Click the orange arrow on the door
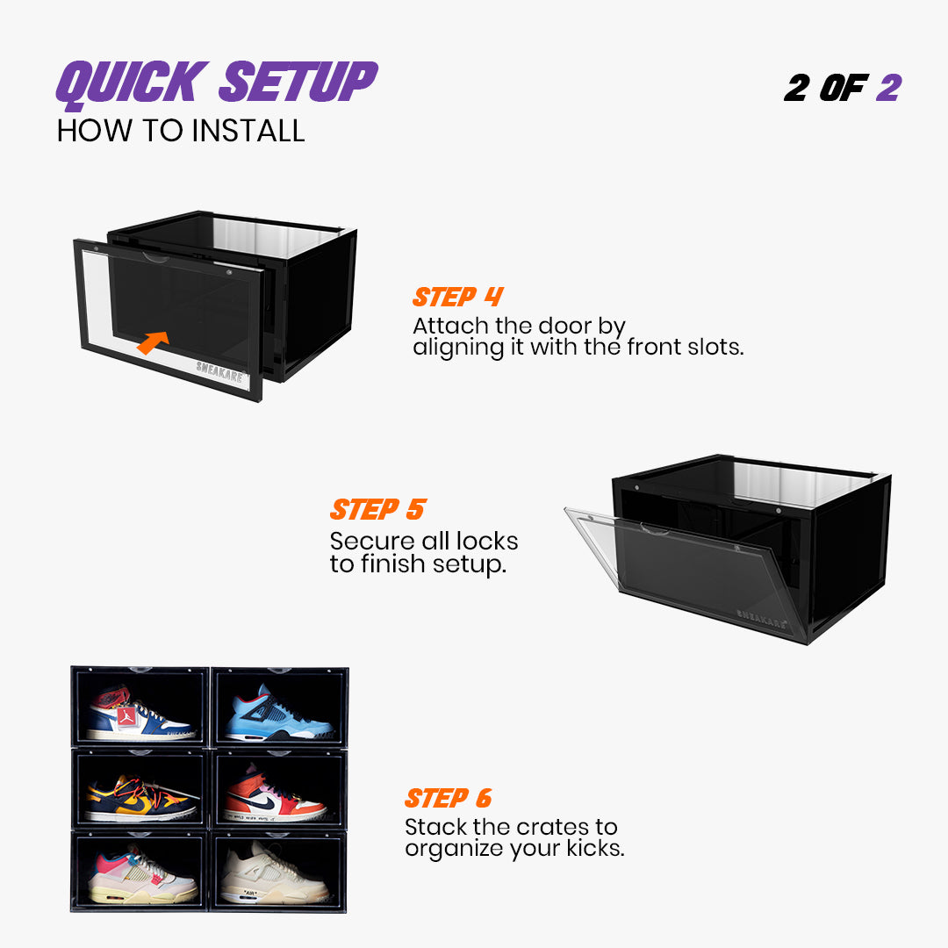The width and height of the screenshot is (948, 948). (x=153, y=341)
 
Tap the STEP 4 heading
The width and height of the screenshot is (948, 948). (x=457, y=297)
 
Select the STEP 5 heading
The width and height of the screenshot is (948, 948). (x=377, y=509)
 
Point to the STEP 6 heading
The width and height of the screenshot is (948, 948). (x=448, y=798)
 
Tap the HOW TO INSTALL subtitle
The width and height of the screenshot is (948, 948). (x=181, y=131)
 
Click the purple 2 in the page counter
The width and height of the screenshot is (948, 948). (x=888, y=88)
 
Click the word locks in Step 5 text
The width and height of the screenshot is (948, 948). (x=485, y=542)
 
